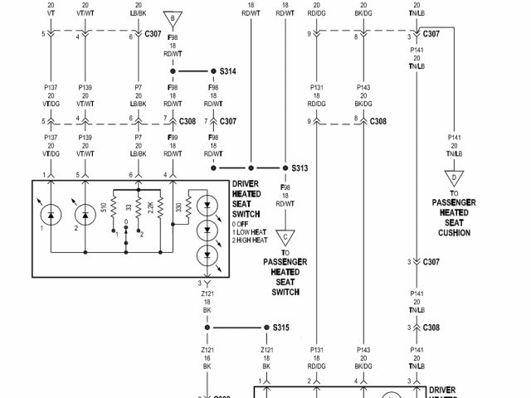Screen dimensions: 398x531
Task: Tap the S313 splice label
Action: [300, 167]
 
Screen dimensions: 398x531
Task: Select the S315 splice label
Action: [280, 328]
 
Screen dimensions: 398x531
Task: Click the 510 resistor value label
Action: [104, 207]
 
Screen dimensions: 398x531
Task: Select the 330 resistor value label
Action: [178, 207]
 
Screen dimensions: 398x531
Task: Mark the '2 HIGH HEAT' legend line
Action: [251, 240]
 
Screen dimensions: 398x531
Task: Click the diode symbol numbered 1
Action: [51, 216]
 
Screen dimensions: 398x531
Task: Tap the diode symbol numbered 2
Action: [85, 216]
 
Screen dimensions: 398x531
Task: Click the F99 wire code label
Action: [172, 135]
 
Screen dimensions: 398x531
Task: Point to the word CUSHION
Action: [454, 233]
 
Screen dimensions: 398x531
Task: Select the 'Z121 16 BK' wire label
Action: [207, 358]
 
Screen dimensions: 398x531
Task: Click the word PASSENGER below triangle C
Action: [285, 262]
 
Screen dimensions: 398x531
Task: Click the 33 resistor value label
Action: [126, 207]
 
